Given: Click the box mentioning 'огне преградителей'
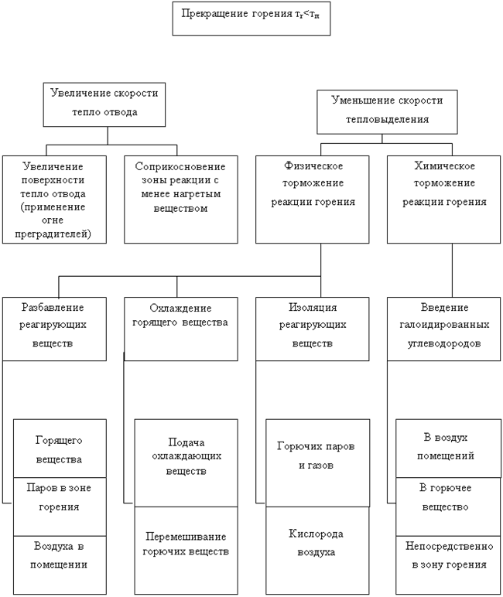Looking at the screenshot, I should (x=53, y=200).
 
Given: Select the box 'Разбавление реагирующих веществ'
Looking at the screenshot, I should (x=53, y=328).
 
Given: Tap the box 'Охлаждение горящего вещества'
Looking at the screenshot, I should (x=180, y=328).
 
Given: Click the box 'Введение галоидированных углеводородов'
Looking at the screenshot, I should (x=444, y=328).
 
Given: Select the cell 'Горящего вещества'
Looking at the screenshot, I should (x=59, y=449).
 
